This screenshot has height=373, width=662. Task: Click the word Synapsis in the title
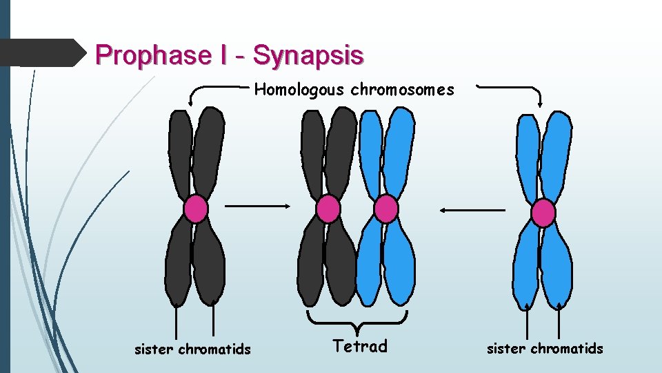308,55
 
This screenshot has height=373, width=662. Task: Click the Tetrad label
360,346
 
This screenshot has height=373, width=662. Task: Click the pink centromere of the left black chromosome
196,209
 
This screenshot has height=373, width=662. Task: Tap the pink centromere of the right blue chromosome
543,213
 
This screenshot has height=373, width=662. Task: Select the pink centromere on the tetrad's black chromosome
328,209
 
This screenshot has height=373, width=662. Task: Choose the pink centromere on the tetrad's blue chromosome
385,209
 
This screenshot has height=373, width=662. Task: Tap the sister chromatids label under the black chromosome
192,350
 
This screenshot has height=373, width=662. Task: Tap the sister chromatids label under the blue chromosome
545,349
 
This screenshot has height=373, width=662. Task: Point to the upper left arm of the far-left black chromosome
181,152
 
